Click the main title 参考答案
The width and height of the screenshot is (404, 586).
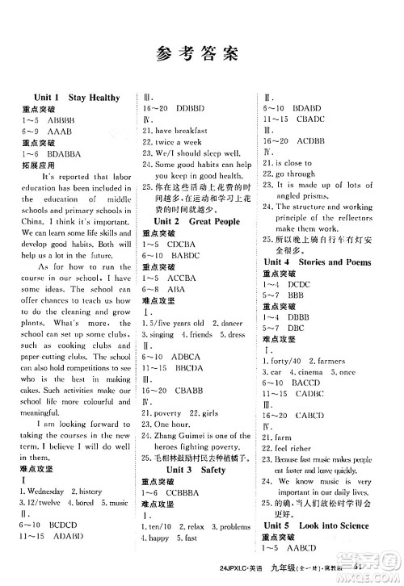202,53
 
